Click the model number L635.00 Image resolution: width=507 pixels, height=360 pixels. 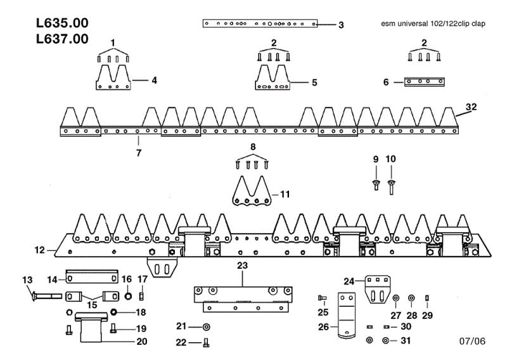(62, 23)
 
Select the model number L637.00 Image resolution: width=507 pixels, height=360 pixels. (62, 39)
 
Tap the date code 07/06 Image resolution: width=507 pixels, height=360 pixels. (472, 341)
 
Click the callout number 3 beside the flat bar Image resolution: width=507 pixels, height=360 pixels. (341, 25)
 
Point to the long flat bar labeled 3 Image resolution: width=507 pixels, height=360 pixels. (260, 23)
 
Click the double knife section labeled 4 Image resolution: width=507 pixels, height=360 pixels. (113, 77)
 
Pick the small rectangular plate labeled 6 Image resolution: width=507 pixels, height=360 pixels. (425, 82)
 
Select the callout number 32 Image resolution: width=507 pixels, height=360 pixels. (471, 106)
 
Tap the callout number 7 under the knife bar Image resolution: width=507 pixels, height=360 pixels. (139, 153)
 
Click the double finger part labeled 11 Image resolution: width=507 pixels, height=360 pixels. (252, 191)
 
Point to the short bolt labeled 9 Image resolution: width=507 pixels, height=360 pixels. (376, 184)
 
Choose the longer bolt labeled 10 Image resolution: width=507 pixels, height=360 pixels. (391, 187)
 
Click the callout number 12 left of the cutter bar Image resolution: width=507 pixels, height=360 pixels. (39, 250)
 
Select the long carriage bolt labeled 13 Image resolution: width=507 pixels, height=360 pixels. (47, 295)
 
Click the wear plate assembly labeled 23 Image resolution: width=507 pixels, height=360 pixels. (243, 299)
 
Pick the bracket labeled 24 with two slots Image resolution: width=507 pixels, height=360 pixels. (377, 289)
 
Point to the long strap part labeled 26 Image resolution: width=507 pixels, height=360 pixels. (347, 316)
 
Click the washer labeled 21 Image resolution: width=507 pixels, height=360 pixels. (206, 327)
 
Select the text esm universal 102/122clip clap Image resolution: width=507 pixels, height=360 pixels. (433, 23)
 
